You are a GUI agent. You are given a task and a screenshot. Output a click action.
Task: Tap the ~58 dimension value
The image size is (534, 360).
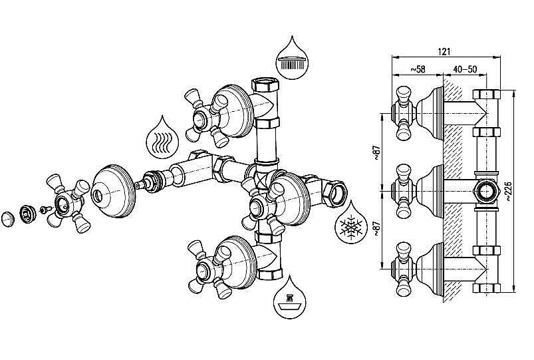point(418,69)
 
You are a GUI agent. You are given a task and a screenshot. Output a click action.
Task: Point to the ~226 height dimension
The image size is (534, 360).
point(509,190)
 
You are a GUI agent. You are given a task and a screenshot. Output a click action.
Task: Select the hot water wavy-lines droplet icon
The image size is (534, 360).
point(160,137)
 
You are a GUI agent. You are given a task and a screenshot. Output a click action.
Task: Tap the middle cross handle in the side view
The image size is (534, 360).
point(403,190)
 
